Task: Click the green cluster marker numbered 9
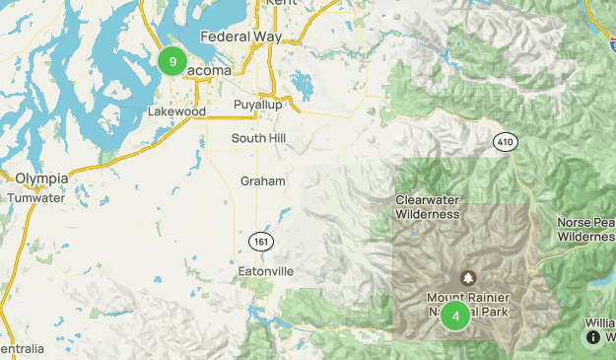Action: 172,61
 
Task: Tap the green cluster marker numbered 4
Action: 455,316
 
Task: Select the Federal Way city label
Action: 240,36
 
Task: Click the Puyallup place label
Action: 258,105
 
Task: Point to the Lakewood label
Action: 175,112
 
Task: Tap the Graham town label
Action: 262,181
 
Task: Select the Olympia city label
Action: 41,178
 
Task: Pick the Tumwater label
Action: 35,197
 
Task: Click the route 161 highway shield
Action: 258,241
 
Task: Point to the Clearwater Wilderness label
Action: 428,206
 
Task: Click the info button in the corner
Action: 593,337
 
